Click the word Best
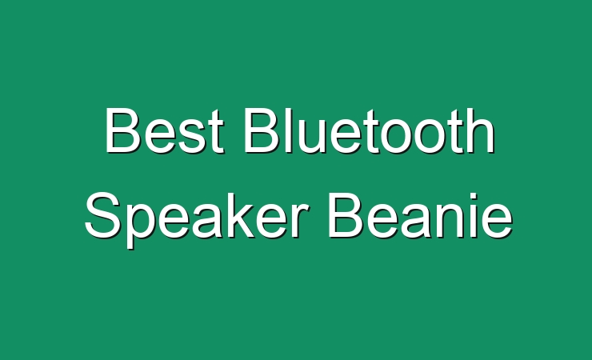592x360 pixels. pos(164,130)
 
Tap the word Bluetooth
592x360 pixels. pos(370,130)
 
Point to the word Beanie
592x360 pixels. pos(420,215)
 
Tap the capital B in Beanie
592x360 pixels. pos(346,215)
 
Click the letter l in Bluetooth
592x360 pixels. pos(290,130)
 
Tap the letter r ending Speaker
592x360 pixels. pos(299,220)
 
